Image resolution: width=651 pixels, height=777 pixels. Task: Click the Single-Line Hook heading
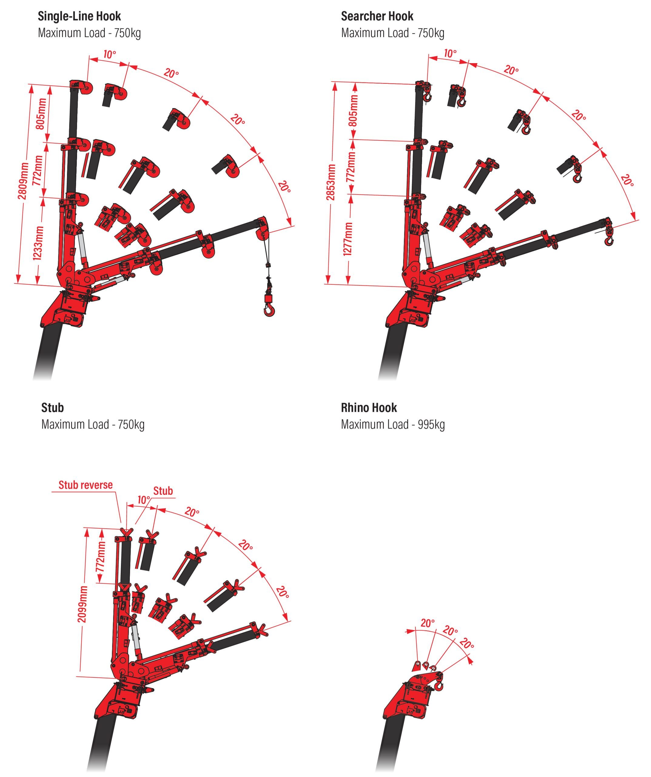[x=79, y=16]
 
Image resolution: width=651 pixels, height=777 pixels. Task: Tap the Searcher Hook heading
[x=377, y=16]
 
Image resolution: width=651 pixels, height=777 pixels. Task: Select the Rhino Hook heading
[x=369, y=408]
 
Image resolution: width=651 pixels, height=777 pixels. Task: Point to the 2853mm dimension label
[x=331, y=182]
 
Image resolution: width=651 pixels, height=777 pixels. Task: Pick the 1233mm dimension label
[x=38, y=243]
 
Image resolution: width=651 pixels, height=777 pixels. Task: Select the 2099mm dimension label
[x=83, y=604]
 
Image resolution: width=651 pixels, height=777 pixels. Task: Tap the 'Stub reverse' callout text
[x=86, y=485]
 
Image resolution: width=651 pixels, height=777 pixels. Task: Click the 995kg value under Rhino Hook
[x=431, y=424]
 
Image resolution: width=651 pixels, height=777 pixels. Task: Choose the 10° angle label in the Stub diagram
[x=144, y=500]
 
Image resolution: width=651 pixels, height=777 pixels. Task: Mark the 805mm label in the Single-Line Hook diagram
[x=41, y=114]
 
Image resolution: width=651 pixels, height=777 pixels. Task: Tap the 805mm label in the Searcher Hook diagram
[x=353, y=110]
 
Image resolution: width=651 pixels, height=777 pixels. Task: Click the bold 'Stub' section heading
[x=52, y=408]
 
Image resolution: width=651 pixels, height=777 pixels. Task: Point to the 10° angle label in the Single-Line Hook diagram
[x=109, y=55]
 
